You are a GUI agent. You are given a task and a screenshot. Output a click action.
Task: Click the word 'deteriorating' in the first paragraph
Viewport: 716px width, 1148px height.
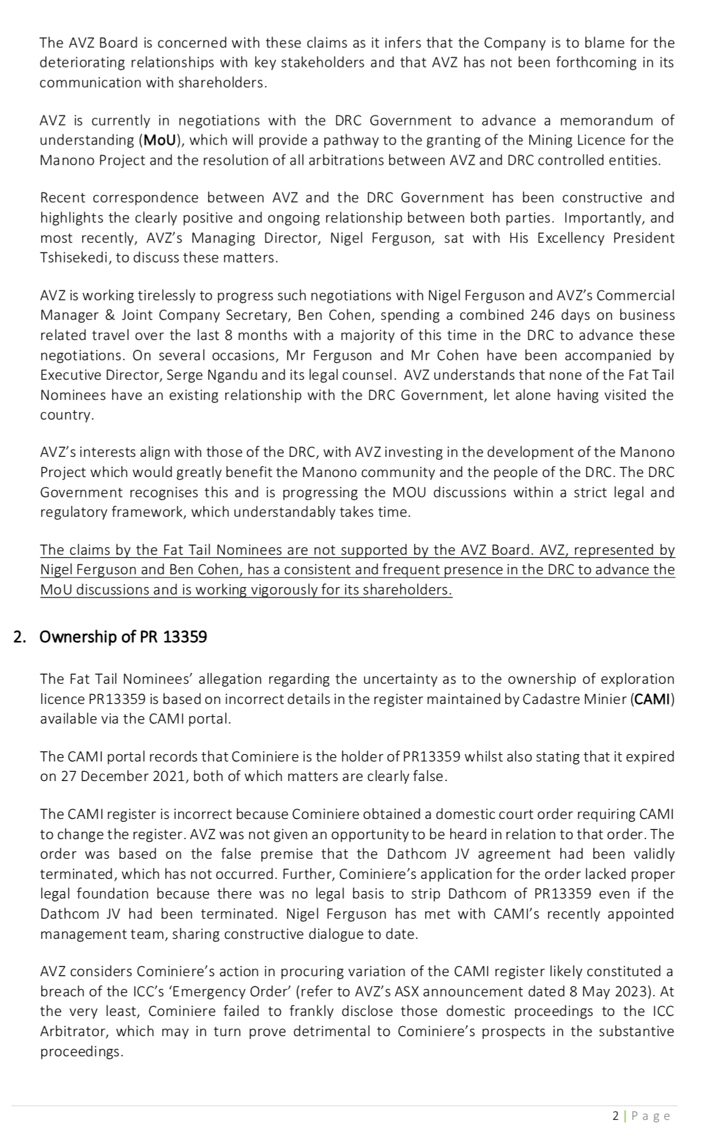click(79, 62)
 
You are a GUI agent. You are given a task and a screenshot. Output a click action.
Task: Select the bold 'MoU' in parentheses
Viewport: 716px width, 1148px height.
click(160, 140)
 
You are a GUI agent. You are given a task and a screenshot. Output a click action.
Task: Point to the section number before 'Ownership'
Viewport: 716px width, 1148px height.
click(20, 637)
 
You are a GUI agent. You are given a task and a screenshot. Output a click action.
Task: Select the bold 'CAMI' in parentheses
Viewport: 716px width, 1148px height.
click(652, 698)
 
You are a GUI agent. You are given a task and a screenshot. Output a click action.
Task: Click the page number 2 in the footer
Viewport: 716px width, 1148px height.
click(615, 1116)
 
